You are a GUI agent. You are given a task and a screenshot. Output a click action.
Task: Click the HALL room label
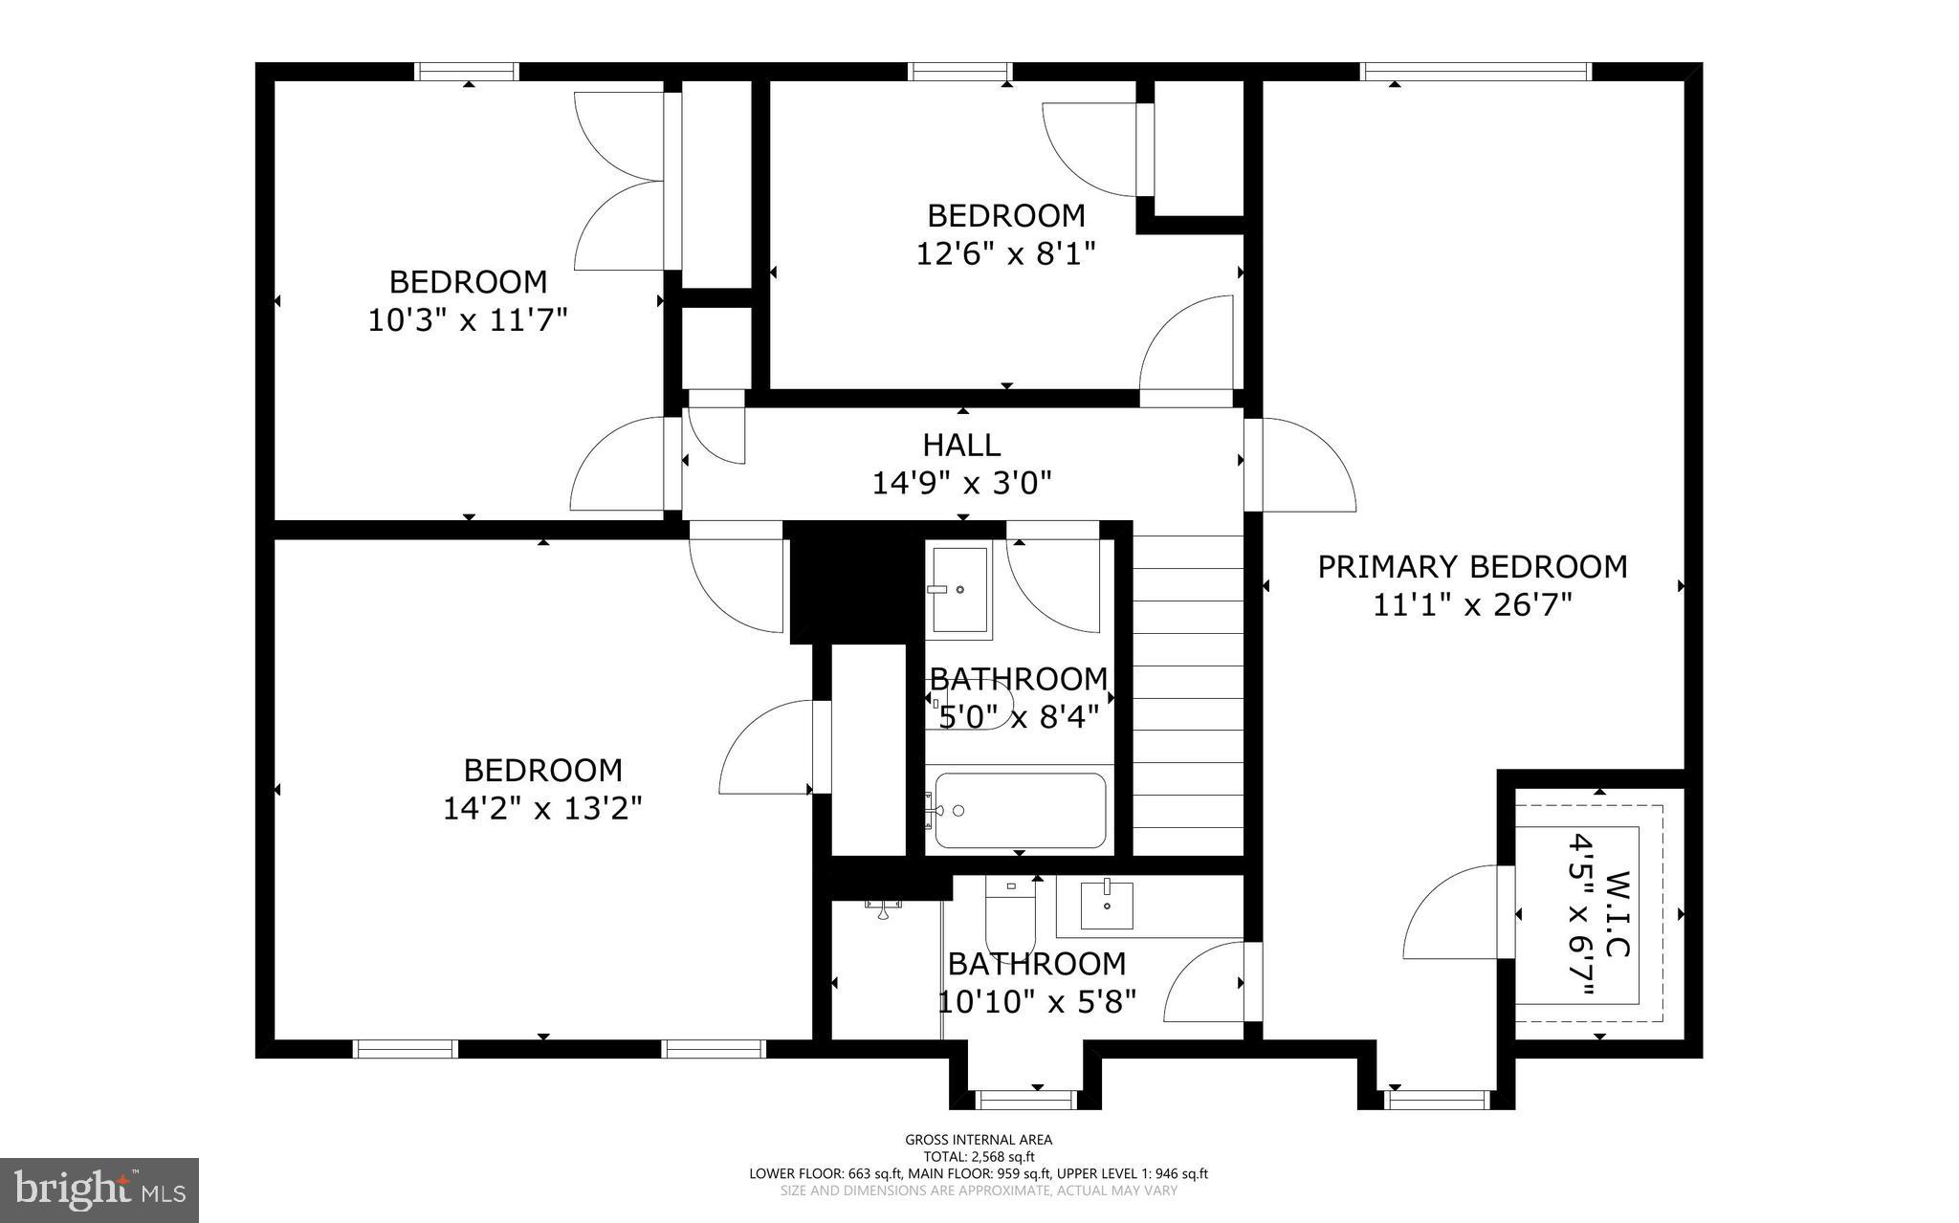(961, 445)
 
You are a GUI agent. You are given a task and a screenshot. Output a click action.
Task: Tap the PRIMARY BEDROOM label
(1472, 567)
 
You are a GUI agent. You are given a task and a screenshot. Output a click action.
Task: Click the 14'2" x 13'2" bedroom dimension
(542, 809)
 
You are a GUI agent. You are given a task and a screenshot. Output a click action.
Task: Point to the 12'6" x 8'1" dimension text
(1005, 253)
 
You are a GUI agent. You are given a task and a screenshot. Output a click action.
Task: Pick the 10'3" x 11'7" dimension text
(468, 319)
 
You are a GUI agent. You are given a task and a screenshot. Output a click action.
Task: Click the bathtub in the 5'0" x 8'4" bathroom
(1020, 811)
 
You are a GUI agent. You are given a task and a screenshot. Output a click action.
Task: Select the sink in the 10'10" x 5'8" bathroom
(1107, 905)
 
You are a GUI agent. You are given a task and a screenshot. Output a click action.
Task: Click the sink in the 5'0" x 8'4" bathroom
(959, 591)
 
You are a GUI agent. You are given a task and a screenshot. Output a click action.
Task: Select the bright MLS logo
(99, 1190)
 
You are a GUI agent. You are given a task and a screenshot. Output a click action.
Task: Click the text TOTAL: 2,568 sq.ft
(979, 1156)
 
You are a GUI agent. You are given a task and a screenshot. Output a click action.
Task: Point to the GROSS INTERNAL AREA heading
(979, 1140)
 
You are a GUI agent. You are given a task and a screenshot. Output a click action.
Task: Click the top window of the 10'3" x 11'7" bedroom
(467, 72)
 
